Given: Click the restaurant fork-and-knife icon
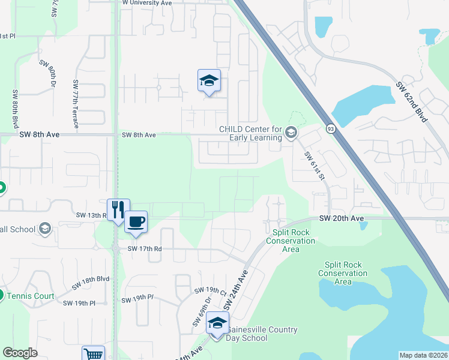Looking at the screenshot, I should (x=118, y=209).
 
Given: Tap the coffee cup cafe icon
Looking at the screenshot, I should (x=136, y=221).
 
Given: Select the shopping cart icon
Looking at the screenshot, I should (x=93, y=354).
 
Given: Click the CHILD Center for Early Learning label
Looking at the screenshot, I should (x=250, y=133).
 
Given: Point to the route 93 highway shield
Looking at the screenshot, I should (x=331, y=128).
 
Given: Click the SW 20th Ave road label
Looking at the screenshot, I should (x=342, y=218).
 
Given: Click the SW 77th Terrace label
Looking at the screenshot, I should (x=76, y=104).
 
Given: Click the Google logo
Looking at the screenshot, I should (x=20, y=353).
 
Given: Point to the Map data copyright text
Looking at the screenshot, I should (x=423, y=355).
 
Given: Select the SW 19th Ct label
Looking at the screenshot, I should (x=209, y=292).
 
